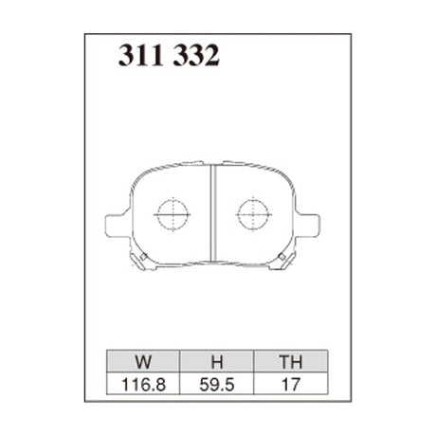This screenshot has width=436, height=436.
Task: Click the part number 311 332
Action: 170,57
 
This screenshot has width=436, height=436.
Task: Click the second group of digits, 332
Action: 198,57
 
